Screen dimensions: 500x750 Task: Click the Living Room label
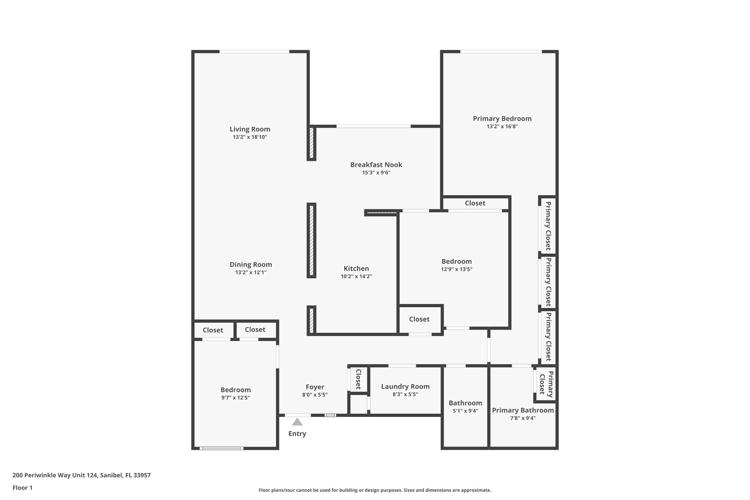coord(250,129)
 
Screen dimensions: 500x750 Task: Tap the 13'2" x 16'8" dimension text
coord(502,126)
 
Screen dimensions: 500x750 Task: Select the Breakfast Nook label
coord(376,165)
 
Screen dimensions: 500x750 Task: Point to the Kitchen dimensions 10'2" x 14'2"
coord(356,277)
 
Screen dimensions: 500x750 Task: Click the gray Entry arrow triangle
coord(297,422)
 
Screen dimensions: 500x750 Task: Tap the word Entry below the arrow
coord(297,434)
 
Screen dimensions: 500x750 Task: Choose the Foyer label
coord(315,387)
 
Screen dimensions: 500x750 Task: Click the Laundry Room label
coord(405,386)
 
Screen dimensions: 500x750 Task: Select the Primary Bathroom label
coord(523,410)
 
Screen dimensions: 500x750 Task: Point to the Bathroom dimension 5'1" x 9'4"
coord(465,411)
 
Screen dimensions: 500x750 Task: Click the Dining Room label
coord(250,264)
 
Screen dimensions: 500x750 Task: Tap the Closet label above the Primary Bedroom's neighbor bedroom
coord(475,203)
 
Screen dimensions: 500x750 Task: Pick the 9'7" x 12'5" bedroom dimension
coord(235,398)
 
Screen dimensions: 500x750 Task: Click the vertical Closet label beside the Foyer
coord(358,379)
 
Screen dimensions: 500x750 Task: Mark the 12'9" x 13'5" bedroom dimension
coord(456,269)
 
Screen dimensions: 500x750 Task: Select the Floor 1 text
coord(22,488)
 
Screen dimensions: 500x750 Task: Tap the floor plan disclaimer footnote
coord(375,490)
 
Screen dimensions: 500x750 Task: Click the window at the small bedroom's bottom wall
coord(221,448)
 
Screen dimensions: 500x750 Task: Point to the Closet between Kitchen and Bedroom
coord(419,319)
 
